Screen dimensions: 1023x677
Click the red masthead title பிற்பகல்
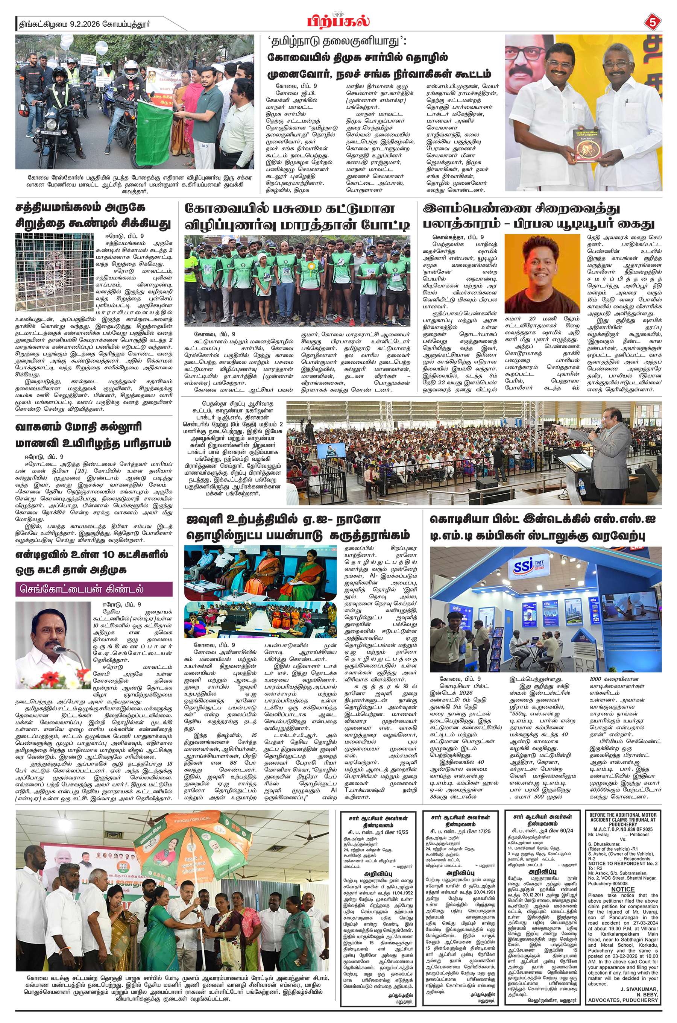click(338, 21)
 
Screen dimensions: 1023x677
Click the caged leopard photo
click(54, 272)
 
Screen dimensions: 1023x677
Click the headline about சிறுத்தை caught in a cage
click(93, 216)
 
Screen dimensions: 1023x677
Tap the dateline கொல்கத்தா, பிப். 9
click(458, 237)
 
